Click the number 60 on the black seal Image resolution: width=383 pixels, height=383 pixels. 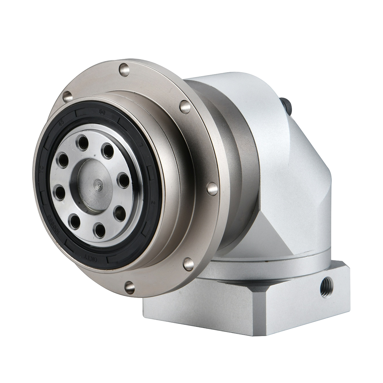103,112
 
